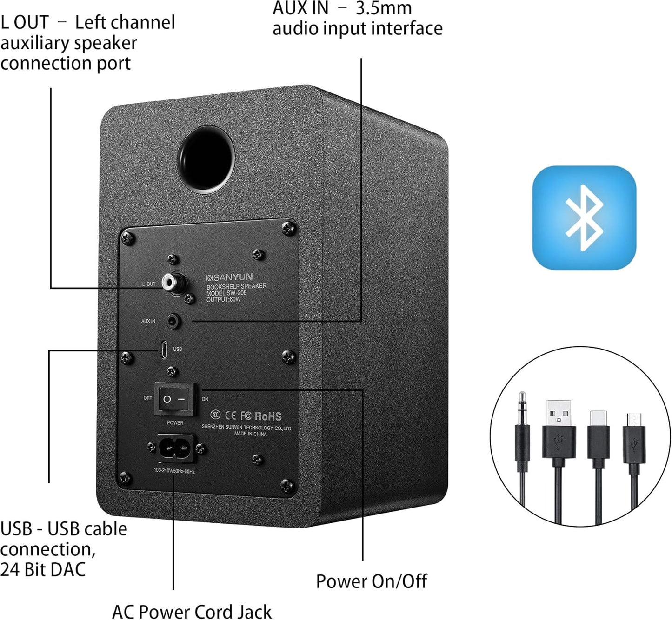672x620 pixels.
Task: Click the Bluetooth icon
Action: tap(584, 218)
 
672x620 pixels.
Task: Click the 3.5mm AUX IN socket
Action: tap(173, 321)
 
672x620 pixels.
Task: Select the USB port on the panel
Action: tap(164, 349)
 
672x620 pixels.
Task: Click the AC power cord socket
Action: tap(174, 448)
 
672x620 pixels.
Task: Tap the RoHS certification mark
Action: tap(268, 416)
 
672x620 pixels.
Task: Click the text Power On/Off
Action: tap(371, 581)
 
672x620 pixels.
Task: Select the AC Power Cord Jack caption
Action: tap(192, 611)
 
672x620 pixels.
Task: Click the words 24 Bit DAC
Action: tap(43, 569)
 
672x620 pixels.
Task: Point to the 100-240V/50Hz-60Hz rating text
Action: tap(174, 471)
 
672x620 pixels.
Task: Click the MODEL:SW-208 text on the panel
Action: tap(226, 293)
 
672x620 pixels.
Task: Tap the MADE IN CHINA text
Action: tap(250, 434)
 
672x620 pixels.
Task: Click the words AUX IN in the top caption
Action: tap(300, 8)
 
